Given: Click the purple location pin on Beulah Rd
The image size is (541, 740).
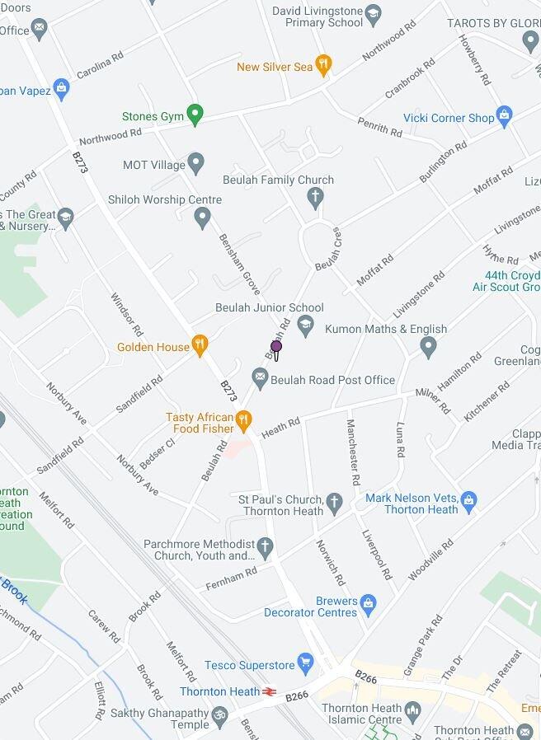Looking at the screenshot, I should (276, 348).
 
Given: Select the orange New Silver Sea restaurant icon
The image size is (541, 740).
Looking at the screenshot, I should (323, 65).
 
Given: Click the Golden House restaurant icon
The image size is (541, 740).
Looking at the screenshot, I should (200, 345).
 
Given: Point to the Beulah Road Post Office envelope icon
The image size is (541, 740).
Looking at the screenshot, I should (261, 378).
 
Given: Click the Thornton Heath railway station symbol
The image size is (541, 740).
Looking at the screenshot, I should (269, 691).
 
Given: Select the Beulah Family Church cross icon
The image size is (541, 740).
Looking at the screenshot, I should (314, 197).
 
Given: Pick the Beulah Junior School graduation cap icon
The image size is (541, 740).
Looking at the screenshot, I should (306, 326).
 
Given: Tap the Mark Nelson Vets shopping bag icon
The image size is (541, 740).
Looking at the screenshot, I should (468, 500).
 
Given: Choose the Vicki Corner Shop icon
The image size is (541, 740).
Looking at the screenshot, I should (505, 116).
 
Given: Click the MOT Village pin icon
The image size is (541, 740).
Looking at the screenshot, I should (195, 163).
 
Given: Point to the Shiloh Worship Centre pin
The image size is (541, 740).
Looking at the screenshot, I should (202, 218).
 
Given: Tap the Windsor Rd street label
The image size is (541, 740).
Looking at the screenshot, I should (127, 316).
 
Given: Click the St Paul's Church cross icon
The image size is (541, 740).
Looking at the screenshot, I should (334, 502).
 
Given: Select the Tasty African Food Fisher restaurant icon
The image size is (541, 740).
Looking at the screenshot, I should (242, 421).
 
